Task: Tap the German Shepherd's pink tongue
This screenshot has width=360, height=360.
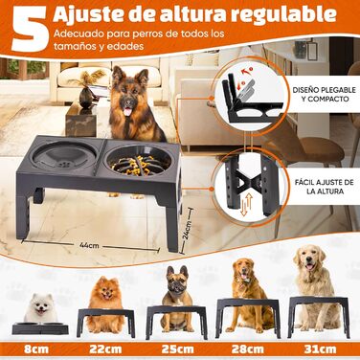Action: click(127, 112)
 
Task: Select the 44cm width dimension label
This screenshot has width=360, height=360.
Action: click(89, 245)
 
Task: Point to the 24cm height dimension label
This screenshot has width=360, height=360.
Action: click(188, 230)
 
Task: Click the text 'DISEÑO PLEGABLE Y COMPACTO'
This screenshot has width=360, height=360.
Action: click(325, 94)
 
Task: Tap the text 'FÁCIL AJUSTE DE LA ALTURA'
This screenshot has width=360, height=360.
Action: click(325, 187)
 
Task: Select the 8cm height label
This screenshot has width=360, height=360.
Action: click(36, 349)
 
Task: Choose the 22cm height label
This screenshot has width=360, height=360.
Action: click(105, 349)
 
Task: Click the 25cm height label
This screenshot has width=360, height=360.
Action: click(177, 349)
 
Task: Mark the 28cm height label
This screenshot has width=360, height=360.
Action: click(248, 349)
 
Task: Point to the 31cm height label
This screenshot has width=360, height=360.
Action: click(320, 349)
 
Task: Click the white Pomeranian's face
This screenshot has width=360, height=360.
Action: click(41, 306)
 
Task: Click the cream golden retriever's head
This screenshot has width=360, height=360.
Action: click(309, 259)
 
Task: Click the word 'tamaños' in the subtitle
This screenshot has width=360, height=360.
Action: click(70, 46)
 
